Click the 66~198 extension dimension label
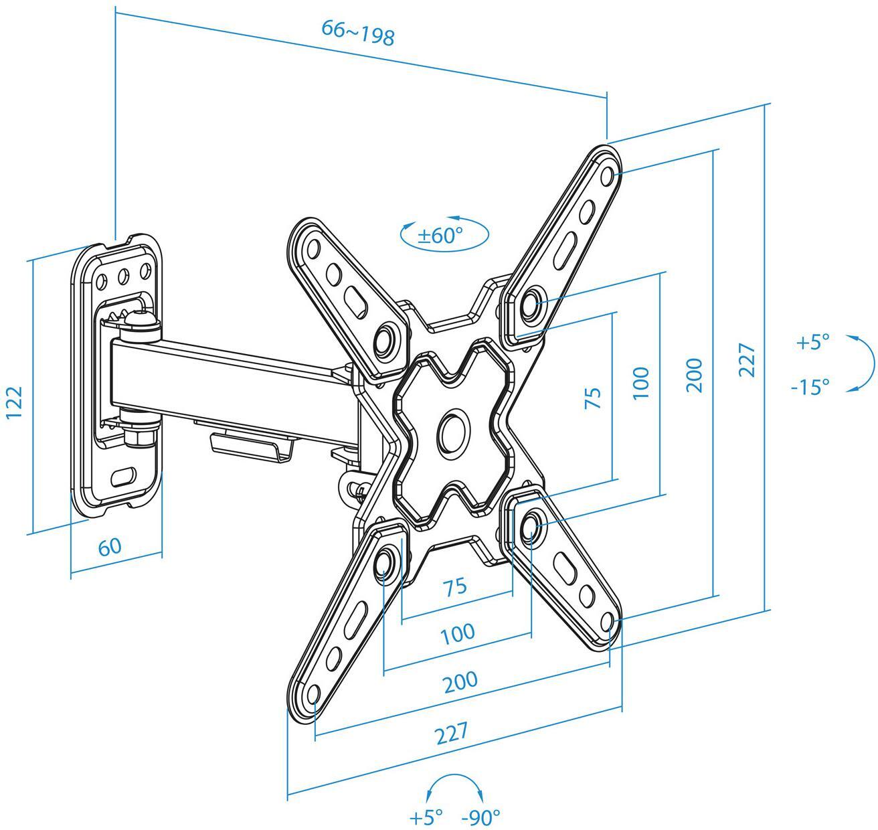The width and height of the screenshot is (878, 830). (x=358, y=33)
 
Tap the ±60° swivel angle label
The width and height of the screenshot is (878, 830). (x=440, y=236)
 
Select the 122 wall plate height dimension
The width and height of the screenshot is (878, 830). (x=14, y=402)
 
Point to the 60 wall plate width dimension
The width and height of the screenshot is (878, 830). (x=110, y=547)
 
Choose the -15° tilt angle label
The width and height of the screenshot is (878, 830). (x=810, y=387)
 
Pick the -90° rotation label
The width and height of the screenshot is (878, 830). (x=480, y=817)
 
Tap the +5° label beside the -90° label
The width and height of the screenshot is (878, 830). (x=426, y=817)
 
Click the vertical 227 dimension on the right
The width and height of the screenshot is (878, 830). (x=747, y=361)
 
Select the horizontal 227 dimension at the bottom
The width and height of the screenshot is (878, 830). (x=452, y=733)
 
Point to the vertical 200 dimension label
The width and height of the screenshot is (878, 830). (x=695, y=375)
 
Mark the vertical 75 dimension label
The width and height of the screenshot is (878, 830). (x=593, y=398)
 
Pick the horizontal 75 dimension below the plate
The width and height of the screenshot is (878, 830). (x=455, y=586)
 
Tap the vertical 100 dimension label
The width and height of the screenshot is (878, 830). (x=640, y=383)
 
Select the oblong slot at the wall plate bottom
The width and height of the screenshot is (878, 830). (x=123, y=477)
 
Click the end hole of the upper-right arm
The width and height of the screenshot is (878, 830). (x=608, y=177)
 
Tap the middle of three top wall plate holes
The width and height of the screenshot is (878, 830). (x=123, y=276)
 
